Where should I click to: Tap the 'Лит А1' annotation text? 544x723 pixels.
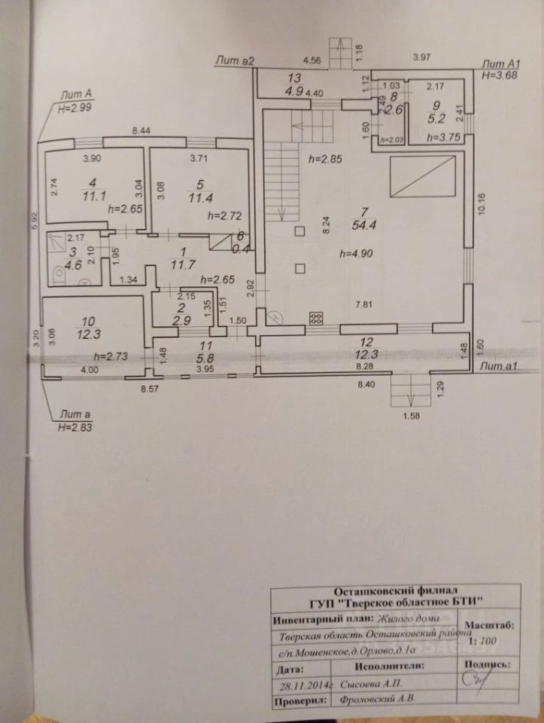point(497,65)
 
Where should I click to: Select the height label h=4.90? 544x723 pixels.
point(357,252)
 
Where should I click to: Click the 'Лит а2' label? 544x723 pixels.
point(236,59)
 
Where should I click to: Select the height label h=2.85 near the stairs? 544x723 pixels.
point(325,160)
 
